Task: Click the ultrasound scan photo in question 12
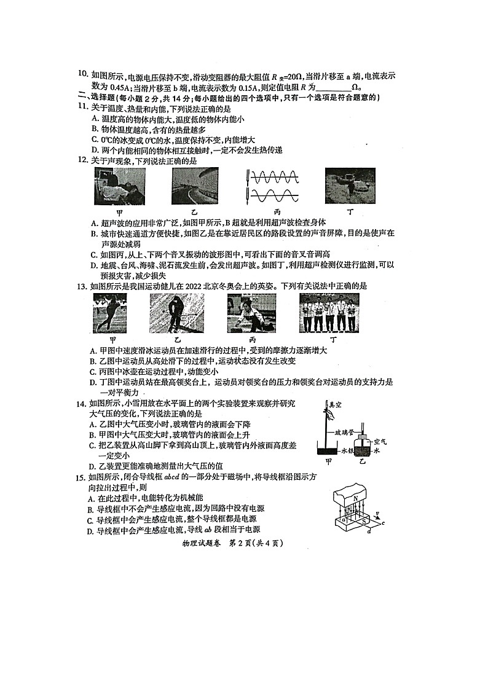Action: [120, 186]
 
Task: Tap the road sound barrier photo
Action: [194, 186]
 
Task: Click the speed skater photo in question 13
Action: [111, 313]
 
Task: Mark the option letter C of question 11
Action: [94, 139]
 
